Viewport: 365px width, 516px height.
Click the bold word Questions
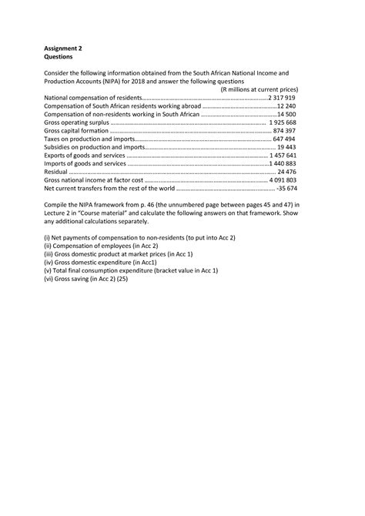(x=61, y=56)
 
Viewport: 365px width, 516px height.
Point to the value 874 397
(x=285, y=132)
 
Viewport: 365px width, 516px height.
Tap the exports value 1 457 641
(x=283, y=156)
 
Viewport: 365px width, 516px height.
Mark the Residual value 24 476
(x=286, y=172)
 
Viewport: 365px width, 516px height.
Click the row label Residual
(x=58, y=172)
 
